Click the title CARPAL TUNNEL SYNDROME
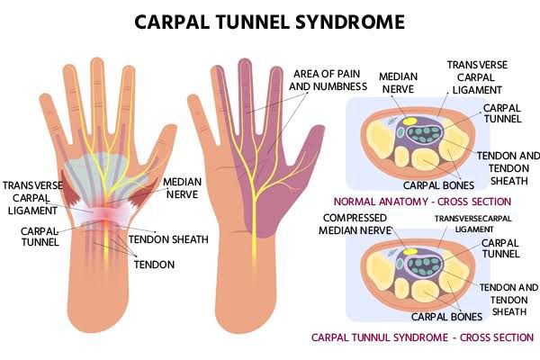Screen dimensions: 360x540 click(x=270, y=20)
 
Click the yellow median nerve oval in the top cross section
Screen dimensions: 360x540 click(x=408, y=119)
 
